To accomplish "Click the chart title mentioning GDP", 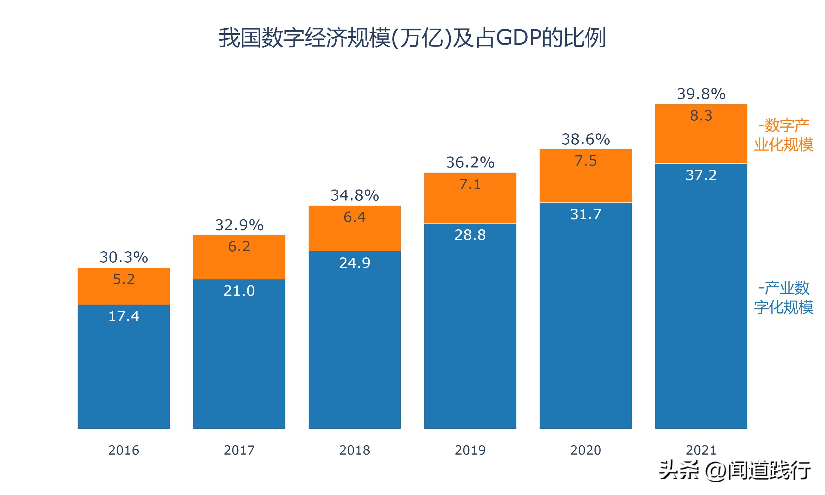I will coord(412,38).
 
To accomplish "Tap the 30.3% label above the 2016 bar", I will coord(124,257).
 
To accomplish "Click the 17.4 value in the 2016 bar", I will coord(124,316).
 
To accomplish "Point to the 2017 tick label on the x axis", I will coord(239,450).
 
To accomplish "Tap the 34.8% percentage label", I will coord(354,195).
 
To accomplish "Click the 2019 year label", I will coord(470,450).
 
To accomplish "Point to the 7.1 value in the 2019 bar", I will coord(470,185).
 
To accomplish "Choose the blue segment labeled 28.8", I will coord(470,327).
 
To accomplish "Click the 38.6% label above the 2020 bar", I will coord(585,139).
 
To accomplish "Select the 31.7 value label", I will coord(585,214).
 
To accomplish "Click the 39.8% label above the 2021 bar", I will coord(701,94).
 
